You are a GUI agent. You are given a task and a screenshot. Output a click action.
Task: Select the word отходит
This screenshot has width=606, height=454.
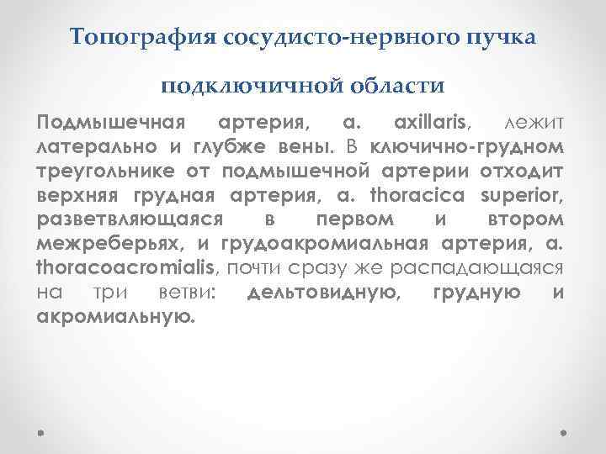point(529,172)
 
